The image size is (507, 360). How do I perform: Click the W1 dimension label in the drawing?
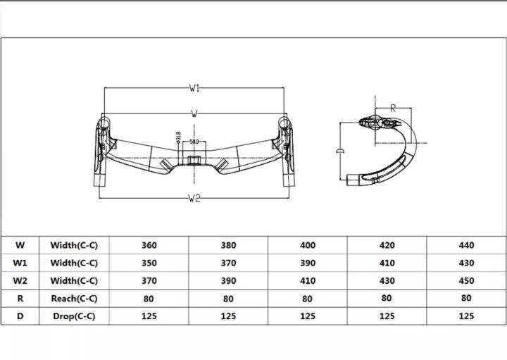point(194,89)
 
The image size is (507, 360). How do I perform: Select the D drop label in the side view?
point(340,151)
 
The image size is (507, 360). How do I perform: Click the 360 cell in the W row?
point(149,246)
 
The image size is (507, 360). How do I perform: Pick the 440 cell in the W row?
point(466,246)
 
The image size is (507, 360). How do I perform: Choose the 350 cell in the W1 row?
point(149,263)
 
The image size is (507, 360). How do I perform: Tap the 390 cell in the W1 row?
point(308,263)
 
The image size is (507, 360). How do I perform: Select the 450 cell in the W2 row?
point(466,281)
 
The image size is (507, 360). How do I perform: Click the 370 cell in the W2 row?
point(149,281)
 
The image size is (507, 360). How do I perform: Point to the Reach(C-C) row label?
point(74,299)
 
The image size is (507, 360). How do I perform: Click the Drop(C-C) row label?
point(74,316)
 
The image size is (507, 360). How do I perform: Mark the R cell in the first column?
point(20,299)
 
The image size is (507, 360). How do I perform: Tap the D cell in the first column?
point(20,316)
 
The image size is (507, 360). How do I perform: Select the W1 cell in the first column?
point(20,263)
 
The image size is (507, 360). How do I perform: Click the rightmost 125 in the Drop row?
point(466,316)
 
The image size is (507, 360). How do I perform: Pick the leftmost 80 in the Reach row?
point(149,299)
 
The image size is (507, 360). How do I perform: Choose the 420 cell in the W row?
point(387,246)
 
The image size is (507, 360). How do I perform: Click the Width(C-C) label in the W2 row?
point(74,281)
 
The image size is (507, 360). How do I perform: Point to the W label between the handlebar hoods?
point(194,113)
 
